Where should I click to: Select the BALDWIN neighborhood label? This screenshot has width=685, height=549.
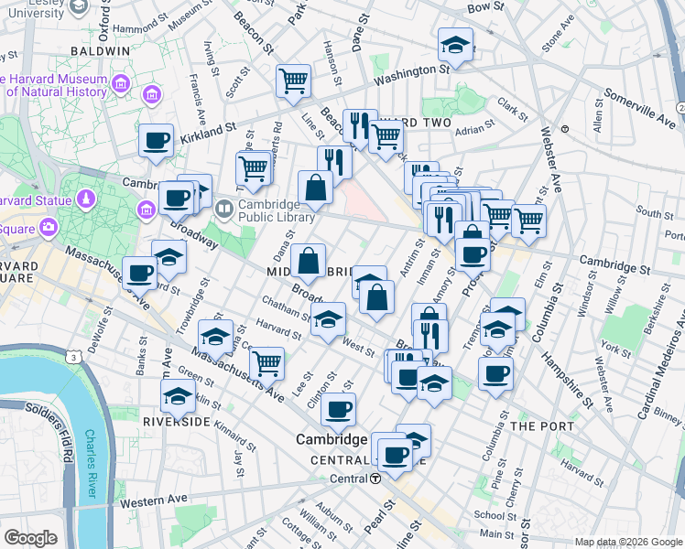99,51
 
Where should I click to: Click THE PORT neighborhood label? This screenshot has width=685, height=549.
542,426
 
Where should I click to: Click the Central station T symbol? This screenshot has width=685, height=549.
376,479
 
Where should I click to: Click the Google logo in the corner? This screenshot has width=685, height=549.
31,537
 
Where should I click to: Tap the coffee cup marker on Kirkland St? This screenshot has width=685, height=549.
156,141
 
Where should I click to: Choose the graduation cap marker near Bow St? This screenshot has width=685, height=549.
454,44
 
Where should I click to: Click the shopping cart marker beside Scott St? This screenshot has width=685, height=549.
294,81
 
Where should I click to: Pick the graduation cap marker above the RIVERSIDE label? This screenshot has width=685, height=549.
177,395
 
